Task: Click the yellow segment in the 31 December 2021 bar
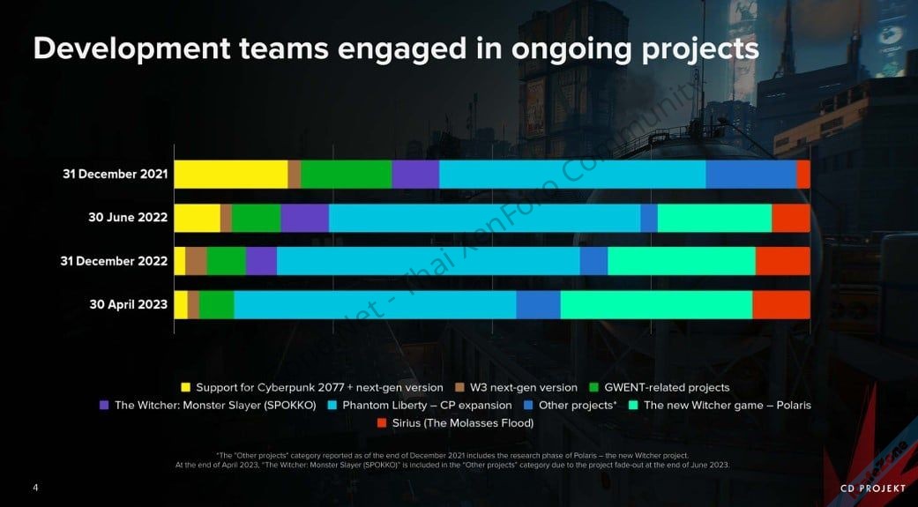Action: (x=230, y=175)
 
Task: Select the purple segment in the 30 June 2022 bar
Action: (x=304, y=218)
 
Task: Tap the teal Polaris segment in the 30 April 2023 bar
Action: (x=656, y=304)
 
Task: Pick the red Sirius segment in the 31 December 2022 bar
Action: (x=782, y=261)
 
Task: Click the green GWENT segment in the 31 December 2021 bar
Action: (x=346, y=175)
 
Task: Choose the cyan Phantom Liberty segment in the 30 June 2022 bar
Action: (x=484, y=218)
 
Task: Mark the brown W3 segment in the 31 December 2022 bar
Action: (x=196, y=261)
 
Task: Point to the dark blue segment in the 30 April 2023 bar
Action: (x=538, y=304)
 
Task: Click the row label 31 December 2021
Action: (x=115, y=175)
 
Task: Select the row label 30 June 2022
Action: (x=128, y=218)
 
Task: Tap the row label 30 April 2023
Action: (x=129, y=304)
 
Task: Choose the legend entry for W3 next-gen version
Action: (x=517, y=387)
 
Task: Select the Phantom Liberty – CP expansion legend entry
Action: (x=427, y=406)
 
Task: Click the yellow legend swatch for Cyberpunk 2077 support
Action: (x=185, y=387)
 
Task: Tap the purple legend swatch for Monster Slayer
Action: (x=104, y=406)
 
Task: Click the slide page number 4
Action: (x=35, y=488)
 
